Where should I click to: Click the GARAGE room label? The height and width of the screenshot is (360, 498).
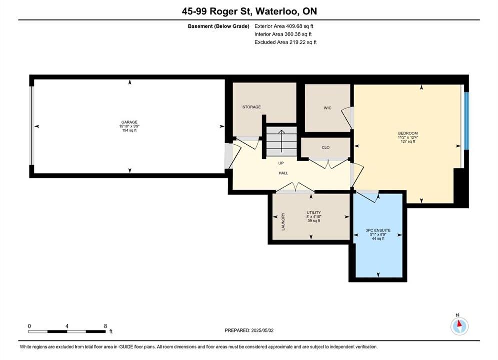click(129, 122)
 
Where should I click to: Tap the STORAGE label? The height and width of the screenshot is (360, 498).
click(252, 107)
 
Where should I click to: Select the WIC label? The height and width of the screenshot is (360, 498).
click(327, 108)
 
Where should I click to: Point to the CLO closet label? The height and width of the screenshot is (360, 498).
click(325, 148)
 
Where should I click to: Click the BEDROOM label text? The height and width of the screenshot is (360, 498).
click(408, 133)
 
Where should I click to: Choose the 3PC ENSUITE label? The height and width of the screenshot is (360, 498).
click(378, 230)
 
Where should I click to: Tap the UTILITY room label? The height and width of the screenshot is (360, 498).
click(314, 213)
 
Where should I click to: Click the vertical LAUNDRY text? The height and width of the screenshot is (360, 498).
click(283, 221)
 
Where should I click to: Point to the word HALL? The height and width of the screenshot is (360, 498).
click(283, 173)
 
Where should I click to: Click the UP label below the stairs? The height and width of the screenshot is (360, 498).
click(281, 163)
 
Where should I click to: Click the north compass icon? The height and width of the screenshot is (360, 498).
click(459, 325)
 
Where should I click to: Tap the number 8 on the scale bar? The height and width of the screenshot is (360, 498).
click(105, 326)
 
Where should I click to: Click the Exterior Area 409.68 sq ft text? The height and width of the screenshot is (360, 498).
click(284, 26)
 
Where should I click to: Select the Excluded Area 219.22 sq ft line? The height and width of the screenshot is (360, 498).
click(285, 42)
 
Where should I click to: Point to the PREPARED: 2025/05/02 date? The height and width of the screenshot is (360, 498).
click(249, 330)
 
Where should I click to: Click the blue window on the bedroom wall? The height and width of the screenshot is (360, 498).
click(466, 121)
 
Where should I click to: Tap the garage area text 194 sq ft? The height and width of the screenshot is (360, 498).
click(129, 130)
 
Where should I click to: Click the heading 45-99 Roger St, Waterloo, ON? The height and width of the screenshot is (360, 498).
click(249, 11)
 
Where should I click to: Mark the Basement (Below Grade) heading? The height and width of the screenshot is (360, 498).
click(219, 26)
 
